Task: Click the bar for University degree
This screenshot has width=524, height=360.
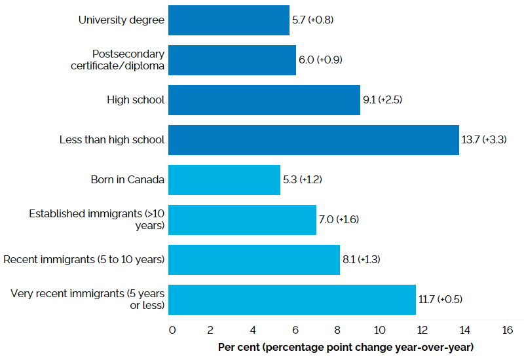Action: coord(229,20)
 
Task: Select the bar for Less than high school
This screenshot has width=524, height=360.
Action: coord(313,140)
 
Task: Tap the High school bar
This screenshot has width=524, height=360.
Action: coord(264,100)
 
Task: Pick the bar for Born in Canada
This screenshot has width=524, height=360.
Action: coord(224,180)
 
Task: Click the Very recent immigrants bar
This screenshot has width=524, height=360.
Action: coord(291,300)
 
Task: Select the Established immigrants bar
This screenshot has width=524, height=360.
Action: coord(242,220)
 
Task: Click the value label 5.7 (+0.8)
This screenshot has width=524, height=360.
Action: coord(313,20)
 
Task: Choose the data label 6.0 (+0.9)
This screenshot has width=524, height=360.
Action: coord(321,60)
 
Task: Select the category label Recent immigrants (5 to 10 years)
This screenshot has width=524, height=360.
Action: coord(84,260)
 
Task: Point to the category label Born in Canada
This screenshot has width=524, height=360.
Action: coord(128,180)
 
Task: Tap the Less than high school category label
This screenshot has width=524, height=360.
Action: coord(111,140)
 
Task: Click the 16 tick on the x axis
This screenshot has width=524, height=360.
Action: coord(507,330)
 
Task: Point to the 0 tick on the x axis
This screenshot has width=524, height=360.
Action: coord(172,330)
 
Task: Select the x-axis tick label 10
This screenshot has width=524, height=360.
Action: coord(379,330)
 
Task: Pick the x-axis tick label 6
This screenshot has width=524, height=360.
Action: coord(295,330)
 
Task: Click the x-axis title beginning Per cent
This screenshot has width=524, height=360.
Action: coord(345,346)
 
